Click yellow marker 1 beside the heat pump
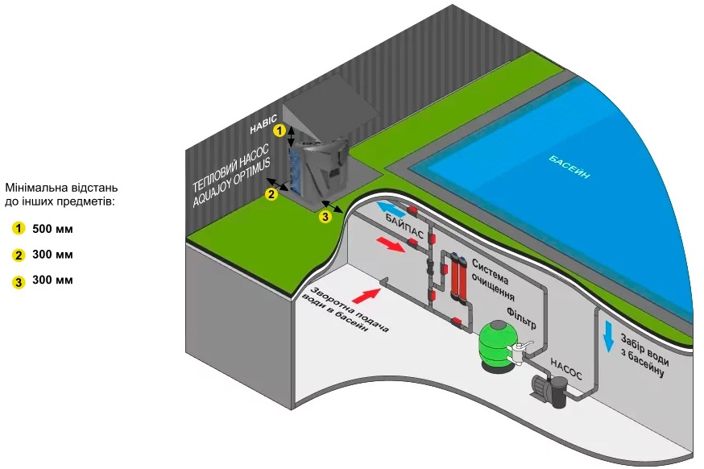coord(279,130)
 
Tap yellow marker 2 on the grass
coord(272,193)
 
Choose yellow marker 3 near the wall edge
coord(325,216)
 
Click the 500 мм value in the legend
coord(52,229)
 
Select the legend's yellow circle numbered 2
coord(17,255)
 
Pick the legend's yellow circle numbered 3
coord(17,281)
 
